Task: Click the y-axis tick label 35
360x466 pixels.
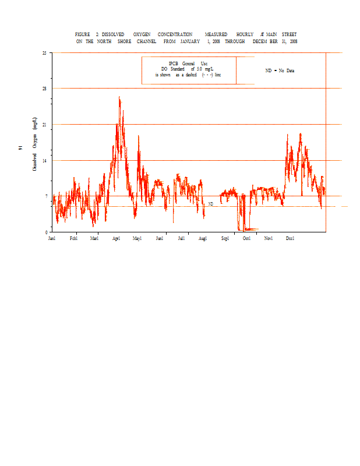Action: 44,53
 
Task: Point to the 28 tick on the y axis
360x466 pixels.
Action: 44,89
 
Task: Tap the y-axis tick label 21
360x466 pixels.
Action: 44,125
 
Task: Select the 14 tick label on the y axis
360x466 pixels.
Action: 44,160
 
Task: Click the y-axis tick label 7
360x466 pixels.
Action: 45,196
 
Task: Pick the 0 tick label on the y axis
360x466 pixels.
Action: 45,232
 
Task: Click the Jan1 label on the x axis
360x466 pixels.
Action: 52,238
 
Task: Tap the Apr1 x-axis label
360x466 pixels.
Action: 117,238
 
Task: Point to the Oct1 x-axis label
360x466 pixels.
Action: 246,238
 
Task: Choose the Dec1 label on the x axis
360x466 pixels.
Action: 290,238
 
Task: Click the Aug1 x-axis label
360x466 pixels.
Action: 203,238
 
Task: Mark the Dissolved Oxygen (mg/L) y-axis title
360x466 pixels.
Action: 35,143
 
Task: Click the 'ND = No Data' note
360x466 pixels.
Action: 280,70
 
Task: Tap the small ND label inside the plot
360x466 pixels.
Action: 211,204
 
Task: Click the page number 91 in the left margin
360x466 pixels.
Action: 20,149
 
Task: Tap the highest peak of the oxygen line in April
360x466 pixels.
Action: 119,97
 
